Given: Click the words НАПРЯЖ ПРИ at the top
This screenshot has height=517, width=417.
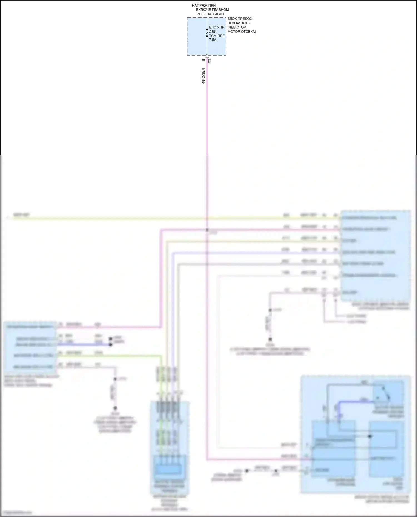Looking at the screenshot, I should tap(203, 6).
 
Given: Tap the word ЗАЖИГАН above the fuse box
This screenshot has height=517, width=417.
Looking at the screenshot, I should tap(215, 14).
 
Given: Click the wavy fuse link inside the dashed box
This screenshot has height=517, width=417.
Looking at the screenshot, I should tap(207, 33).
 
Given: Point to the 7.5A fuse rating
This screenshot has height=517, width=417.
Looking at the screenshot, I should tap(213, 40).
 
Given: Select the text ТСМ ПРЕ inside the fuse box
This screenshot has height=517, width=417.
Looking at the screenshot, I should tap(217, 36).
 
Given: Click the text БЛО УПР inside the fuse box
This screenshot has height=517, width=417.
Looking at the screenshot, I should tap(217, 28).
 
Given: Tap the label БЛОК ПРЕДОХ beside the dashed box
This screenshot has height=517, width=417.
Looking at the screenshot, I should tap(240, 19).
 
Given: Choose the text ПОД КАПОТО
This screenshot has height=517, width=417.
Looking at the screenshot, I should tap(239, 23).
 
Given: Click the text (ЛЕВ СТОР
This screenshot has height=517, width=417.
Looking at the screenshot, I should tap(237, 27).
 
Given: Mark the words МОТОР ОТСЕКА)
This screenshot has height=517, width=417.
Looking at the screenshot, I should tap(242, 31).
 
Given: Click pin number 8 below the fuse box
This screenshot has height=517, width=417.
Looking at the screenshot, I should tap(203, 60).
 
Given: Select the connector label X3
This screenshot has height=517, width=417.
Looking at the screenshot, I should tap(210, 61).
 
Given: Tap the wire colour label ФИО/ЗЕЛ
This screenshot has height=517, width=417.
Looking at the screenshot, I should tap(203, 76).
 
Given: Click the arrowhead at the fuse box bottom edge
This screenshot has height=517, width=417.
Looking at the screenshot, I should tap(207, 55).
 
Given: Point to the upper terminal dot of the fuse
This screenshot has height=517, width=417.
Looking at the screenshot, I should tap(207, 29).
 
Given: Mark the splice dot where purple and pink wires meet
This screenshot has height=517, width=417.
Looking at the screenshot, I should tap(207, 230).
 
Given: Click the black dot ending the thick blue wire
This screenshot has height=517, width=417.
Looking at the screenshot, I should tap(110, 345).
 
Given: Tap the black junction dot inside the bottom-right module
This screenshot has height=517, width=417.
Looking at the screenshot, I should tap(370, 436).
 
